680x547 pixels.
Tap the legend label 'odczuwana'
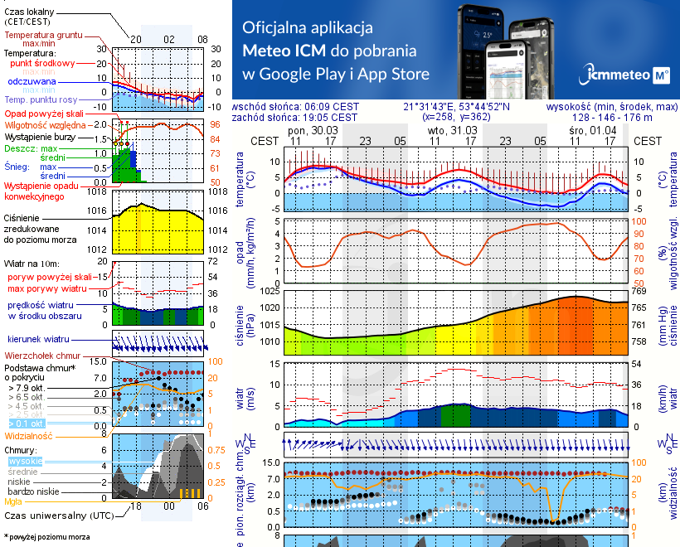[32, 82]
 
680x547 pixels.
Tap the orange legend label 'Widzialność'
[29, 435]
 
